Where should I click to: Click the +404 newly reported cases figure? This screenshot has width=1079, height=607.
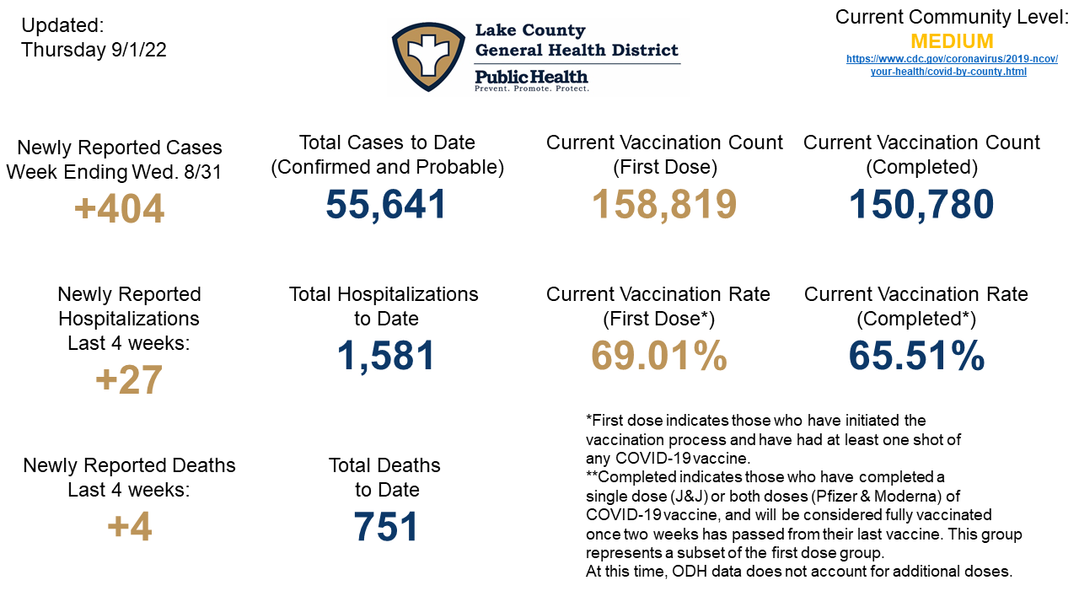coord(119,209)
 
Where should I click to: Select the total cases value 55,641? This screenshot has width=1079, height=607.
coord(386,204)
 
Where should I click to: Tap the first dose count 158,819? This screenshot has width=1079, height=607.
coord(664,204)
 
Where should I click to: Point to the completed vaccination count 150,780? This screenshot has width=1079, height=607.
coord(921,204)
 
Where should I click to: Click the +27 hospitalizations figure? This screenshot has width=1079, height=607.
coord(128,379)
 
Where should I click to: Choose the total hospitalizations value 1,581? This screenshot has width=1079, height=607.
coord(385,356)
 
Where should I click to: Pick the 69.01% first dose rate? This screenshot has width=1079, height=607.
coord(658,356)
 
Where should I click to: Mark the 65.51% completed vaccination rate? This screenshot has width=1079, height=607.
coord(916,356)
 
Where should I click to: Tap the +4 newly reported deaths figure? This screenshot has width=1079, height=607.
coord(129,528)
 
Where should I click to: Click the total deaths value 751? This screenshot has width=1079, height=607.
coord(385,528)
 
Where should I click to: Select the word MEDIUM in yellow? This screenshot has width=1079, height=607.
coord(952,41)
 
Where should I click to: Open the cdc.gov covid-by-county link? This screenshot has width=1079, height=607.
coord(952,66)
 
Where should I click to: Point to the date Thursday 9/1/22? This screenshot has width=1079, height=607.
coord(94,50)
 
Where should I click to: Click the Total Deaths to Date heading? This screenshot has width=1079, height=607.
coord(385,477)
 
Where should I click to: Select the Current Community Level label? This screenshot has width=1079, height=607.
coord(952,17)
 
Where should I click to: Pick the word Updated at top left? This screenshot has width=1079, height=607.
coord(62,25)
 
